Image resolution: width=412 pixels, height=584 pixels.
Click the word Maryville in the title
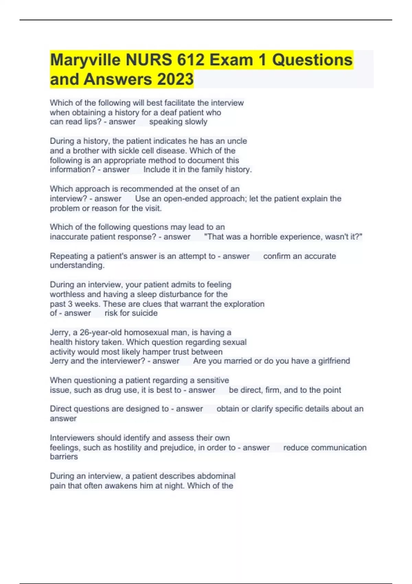point(85,60)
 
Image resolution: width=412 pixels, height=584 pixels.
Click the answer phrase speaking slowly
point(178,122)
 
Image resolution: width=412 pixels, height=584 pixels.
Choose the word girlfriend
point(334,361)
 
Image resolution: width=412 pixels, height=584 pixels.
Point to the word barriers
point(64,457)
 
